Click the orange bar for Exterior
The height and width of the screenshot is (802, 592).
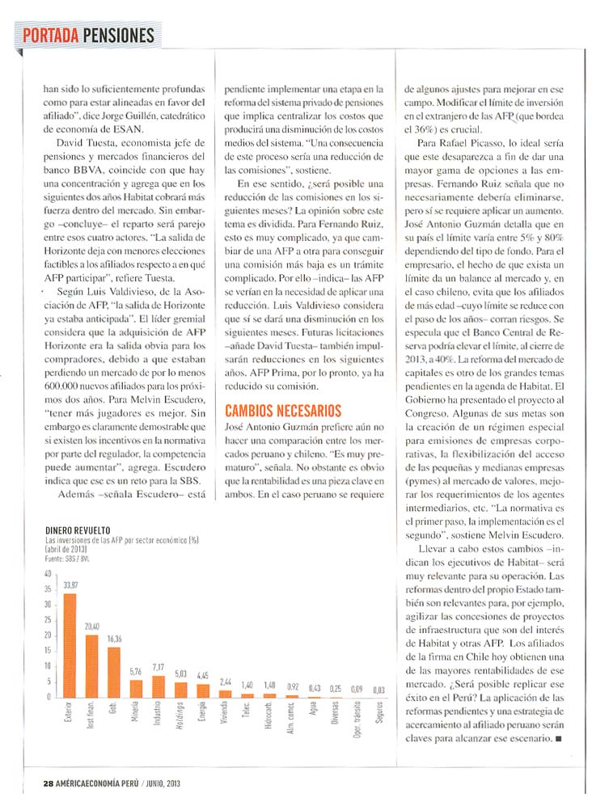tap(70, 645)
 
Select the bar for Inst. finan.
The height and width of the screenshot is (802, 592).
tap(91, 665)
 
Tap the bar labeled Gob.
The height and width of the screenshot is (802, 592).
tap(114, 671)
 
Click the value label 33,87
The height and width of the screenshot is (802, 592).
tap(70, 585)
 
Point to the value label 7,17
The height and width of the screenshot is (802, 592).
tap(159, 668)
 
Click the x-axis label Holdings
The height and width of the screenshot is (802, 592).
tap(181, 717)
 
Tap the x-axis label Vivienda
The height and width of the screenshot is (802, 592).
tap(225, 715)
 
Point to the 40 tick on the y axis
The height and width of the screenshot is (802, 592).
tap(48, 574)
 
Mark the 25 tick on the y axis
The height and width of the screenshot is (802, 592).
tap(48, 620)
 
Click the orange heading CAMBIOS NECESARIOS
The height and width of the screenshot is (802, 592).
tap(282, 410)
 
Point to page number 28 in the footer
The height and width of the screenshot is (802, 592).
tap(49, 781)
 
